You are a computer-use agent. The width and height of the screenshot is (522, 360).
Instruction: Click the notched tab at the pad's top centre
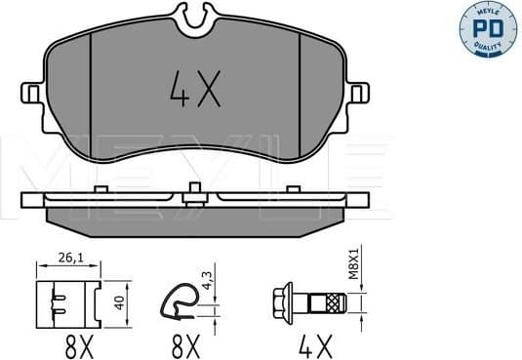coord(194,18)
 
